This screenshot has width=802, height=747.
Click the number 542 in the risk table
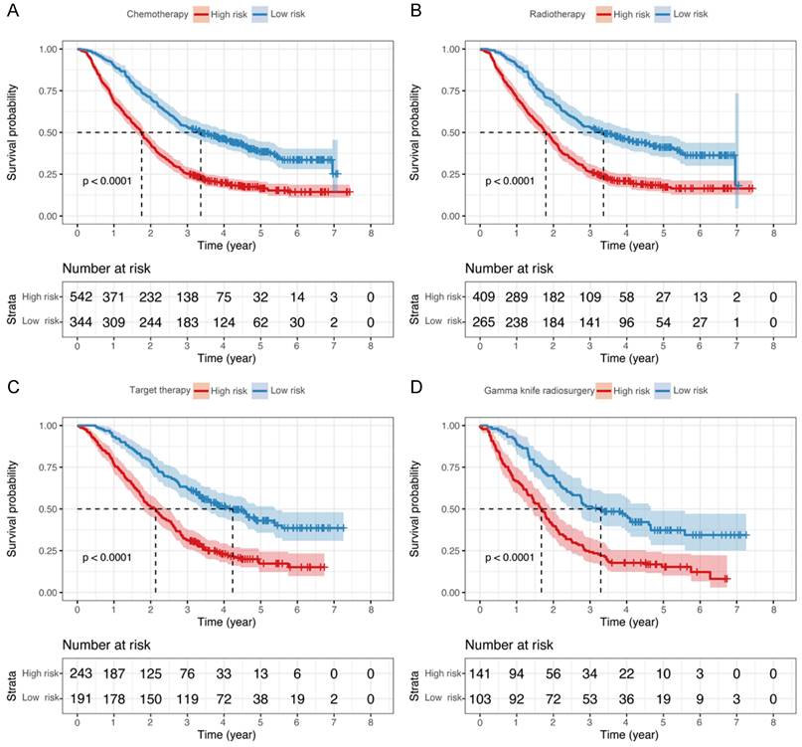(x=78, y=296)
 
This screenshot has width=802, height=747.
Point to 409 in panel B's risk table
(x=480, y=296)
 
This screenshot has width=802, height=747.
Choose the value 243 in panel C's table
(x=78, y=673)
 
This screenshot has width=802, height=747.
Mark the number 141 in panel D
(x=480, y=673)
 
